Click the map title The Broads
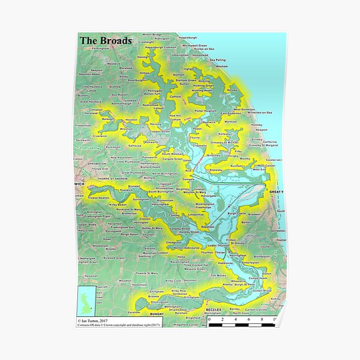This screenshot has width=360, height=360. [x=106, y=41]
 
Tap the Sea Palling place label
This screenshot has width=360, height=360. [x=217, y=60]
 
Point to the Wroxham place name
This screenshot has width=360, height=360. [x=127, y=128]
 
